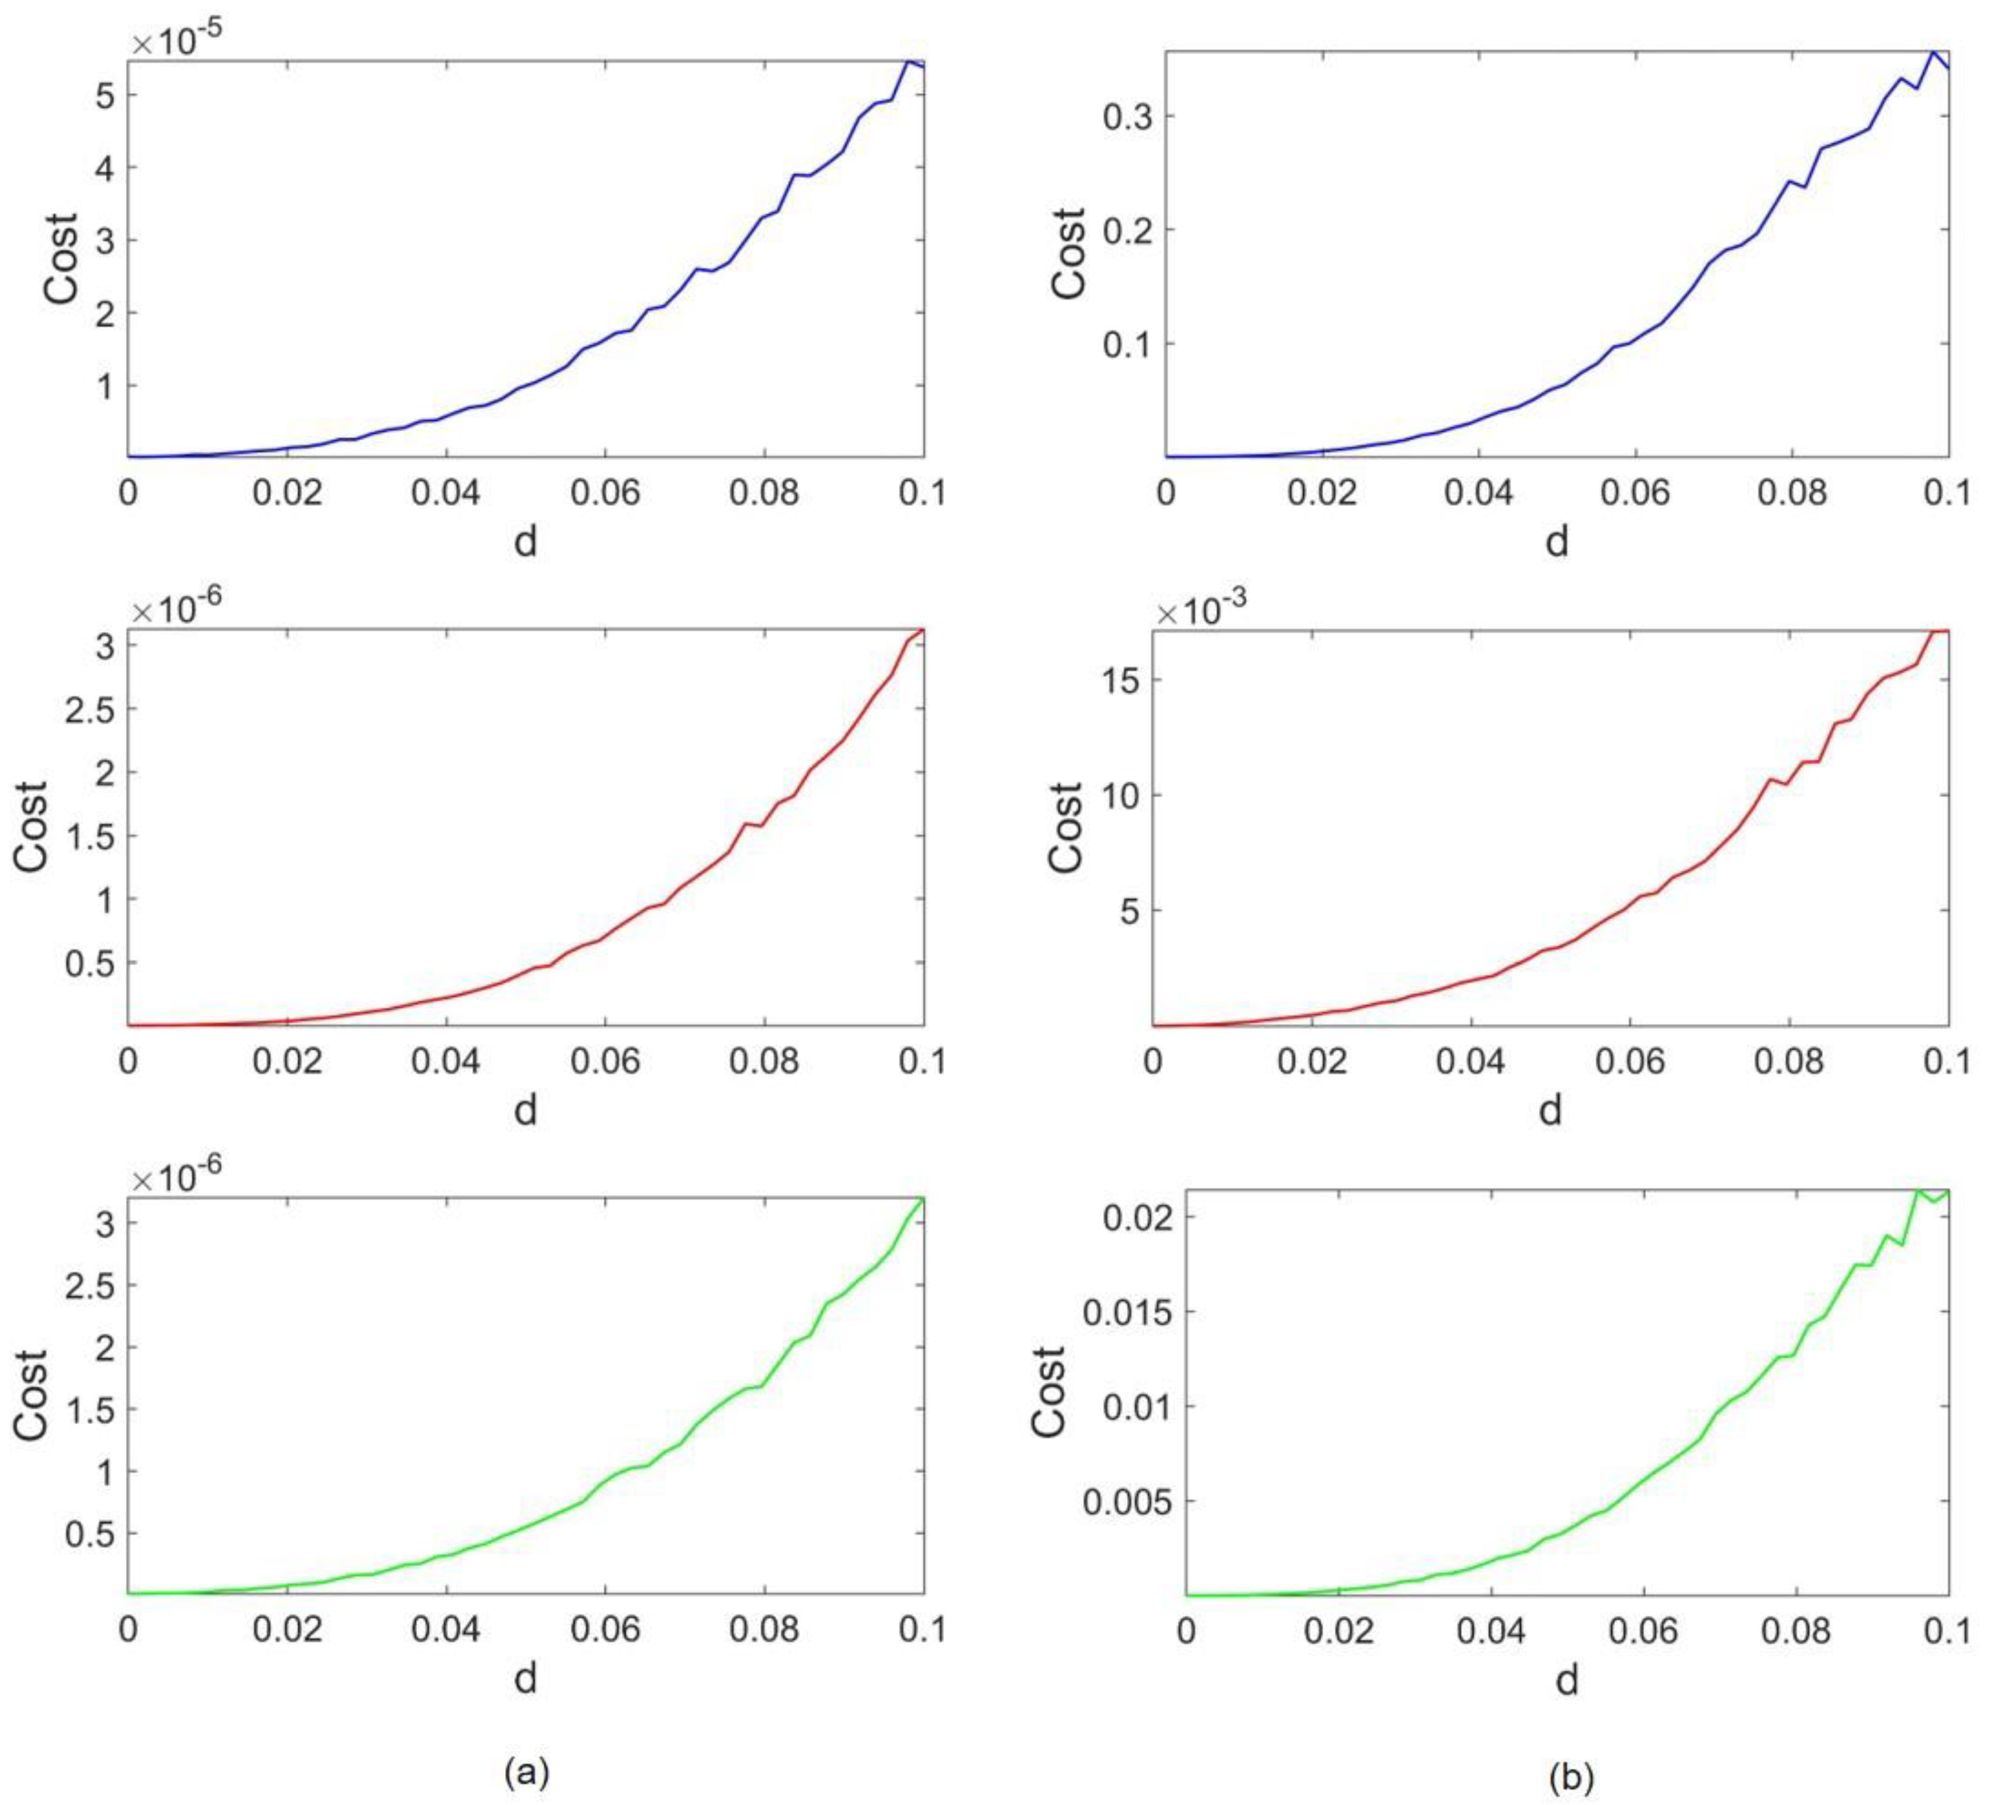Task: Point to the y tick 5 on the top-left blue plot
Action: click(104, 96)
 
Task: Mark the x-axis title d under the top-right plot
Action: click(1557, 541)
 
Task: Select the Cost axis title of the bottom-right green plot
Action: click(1048, 1392)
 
